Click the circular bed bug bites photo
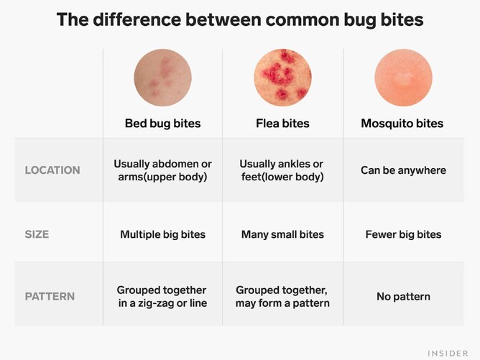pos(162,78)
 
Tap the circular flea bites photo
pos(282,78)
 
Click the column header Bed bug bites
pos(162,124)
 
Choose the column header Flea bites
pos(282,124)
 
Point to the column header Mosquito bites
pos(402,124)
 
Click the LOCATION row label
pos(52,170)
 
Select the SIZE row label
pos(37,234)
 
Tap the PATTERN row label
pos(50,296)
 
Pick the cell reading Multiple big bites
pos(162,234)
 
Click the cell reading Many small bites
pos(282,234)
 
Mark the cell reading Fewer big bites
pos(403,234)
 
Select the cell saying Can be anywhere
pos(403,170)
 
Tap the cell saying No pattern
pos(403,296)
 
